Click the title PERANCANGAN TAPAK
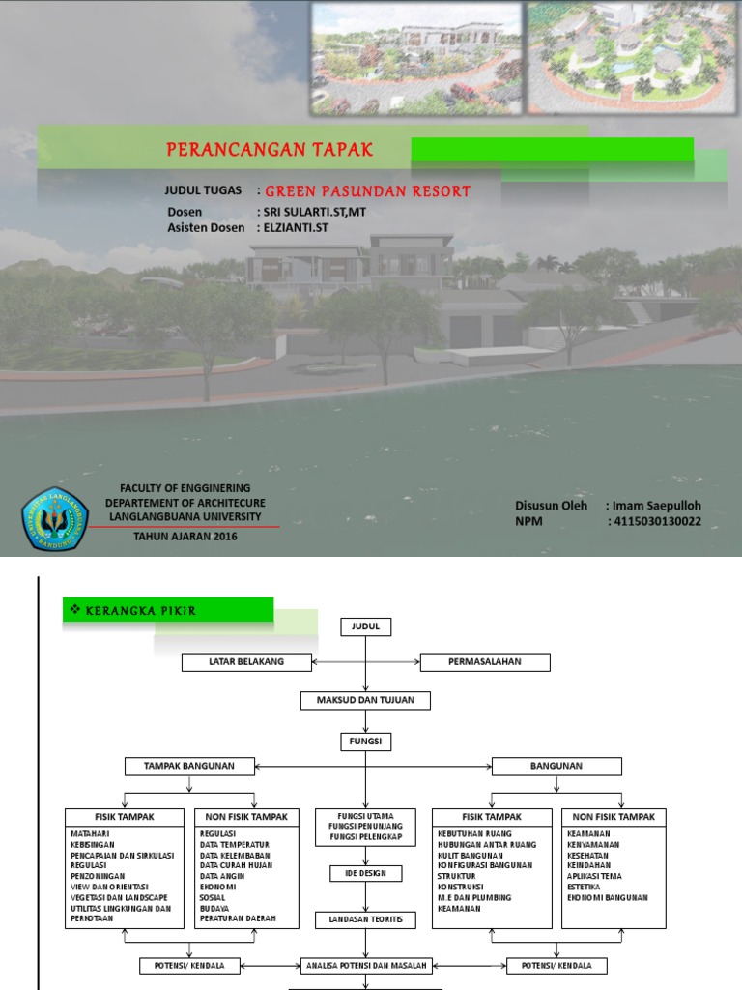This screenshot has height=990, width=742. [x=270, y=150]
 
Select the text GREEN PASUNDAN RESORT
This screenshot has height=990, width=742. [x=368, y=191]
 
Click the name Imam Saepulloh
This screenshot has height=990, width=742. [x=656, y=505]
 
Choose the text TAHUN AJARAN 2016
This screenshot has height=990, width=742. [x=185, y=537]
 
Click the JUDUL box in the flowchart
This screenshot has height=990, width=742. [x=364, y=627]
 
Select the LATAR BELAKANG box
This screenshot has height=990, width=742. [x=246, y=662]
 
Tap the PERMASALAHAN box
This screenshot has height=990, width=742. [x=484, y=662]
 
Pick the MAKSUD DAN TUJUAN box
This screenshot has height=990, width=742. [x=364, y=700]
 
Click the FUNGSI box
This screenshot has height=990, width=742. [x=364, y=742]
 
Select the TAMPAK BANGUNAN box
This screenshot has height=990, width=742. [x=189, y=767]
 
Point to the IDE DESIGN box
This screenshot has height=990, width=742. [x=364, y=873]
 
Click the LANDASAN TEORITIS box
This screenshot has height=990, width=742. [x=364, y=919]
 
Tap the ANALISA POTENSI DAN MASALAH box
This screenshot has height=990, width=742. [x=364, y=966]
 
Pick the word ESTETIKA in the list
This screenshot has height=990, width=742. [x=585, y=887]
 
